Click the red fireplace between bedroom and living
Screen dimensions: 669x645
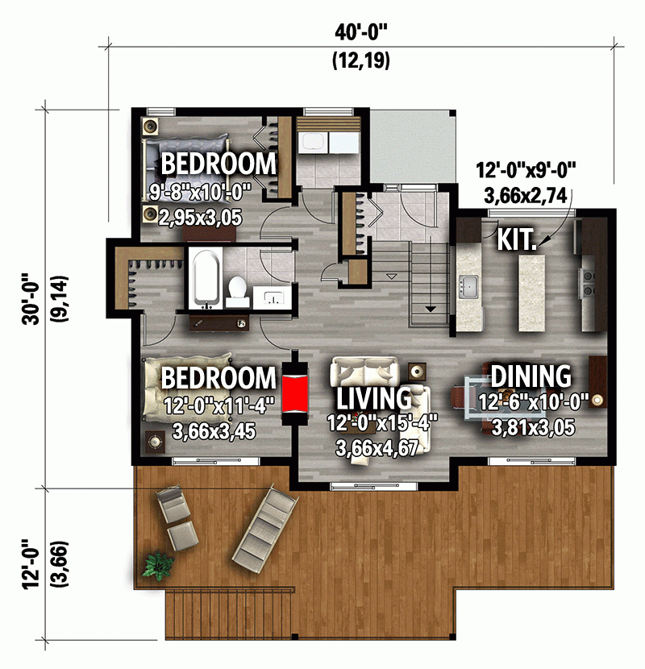coord(294,394)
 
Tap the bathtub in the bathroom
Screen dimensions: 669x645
coord(206,278)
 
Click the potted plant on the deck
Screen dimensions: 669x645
coord(152,565)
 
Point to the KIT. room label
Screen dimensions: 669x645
coord(518,239)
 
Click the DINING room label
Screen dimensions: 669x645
coord(531,376)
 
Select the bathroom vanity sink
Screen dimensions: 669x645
coord(272,298)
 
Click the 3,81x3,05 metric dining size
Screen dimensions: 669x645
coord(533,427)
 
